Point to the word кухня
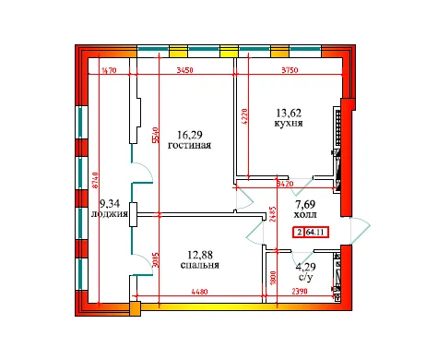tap(291, 121)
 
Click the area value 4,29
tap(305, 268)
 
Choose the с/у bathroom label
tap(305, 278)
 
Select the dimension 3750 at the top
tap(293, 69)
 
